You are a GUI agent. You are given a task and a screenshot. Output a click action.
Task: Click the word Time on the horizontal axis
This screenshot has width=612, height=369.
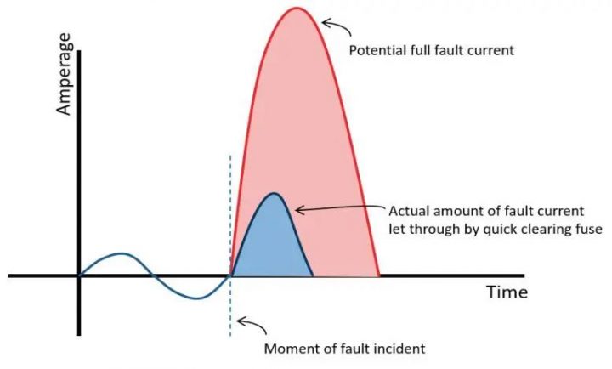[x=507, y=292]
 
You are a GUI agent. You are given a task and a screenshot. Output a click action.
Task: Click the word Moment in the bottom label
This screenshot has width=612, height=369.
[x=291, y=349]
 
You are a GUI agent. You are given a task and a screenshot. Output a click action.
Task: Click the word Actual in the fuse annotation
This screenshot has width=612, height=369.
[x=407, y=210]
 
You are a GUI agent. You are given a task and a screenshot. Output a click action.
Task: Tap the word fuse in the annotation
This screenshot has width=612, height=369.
[x=586, y=229]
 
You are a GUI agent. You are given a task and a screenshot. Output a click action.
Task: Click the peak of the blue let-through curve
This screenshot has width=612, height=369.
[x=273, y=194]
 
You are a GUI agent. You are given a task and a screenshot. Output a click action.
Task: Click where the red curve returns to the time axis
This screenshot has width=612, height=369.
[x=378, y=275]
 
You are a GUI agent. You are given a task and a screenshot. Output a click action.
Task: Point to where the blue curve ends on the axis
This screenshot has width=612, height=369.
[x=313, y=275]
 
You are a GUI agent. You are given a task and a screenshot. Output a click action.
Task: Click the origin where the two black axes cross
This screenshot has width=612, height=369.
[x=79, y=275]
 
